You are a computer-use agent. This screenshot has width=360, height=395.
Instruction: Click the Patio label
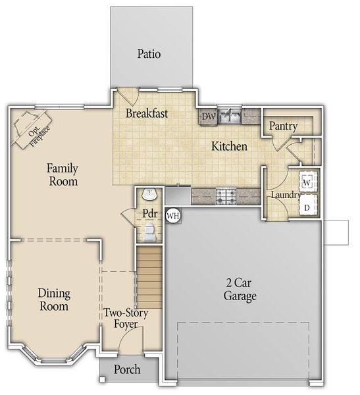tap(149, 53)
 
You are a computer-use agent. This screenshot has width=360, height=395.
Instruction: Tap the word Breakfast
tap(147, 113)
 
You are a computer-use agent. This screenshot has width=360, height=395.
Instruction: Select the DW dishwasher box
tap(209, 117)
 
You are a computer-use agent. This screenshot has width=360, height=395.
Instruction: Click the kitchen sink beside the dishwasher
tap(230, 117)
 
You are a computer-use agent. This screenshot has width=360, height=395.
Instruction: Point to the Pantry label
tap(284, 126)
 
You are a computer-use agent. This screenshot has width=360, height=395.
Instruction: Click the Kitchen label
tap(228, 146)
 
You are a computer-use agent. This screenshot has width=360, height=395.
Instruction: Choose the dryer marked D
tap(307, 207)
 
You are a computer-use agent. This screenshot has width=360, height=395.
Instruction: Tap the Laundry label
tap(286, 196)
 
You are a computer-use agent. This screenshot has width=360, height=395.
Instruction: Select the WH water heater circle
tap(173, 215)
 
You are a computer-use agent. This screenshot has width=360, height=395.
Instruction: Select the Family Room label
tap(63, 174)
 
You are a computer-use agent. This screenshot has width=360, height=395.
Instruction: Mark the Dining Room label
tap(54, 300)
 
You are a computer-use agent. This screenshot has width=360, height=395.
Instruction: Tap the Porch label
tap(127, 369)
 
